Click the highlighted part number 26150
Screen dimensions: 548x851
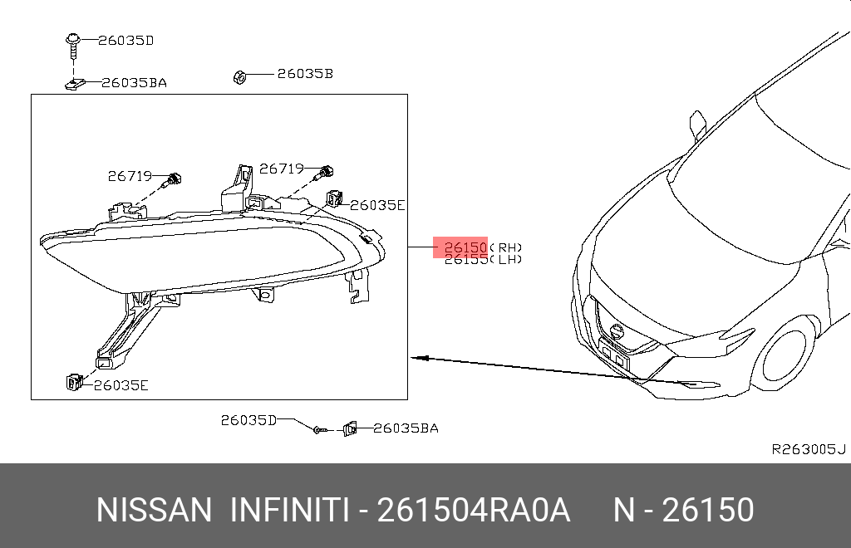coord(465,247)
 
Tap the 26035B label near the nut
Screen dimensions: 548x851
coord(304,74)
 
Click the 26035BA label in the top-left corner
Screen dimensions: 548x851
coord(134,83)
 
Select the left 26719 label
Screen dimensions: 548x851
coord(129,176)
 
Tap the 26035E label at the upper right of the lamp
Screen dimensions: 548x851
coord(376,205)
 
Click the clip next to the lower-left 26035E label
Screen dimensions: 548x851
coord(71,381)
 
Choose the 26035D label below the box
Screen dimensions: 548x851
coord(248,420)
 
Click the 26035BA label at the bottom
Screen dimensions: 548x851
coord(406,428)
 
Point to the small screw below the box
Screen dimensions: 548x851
coord(319,429)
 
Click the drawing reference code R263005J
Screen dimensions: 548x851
coord(808,449)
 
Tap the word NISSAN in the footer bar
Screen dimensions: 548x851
coord(154,510)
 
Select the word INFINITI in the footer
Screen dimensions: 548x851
coord(288,510)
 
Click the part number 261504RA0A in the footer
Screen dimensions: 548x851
coord(474,510)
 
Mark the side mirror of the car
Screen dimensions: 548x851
coord(697,124)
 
